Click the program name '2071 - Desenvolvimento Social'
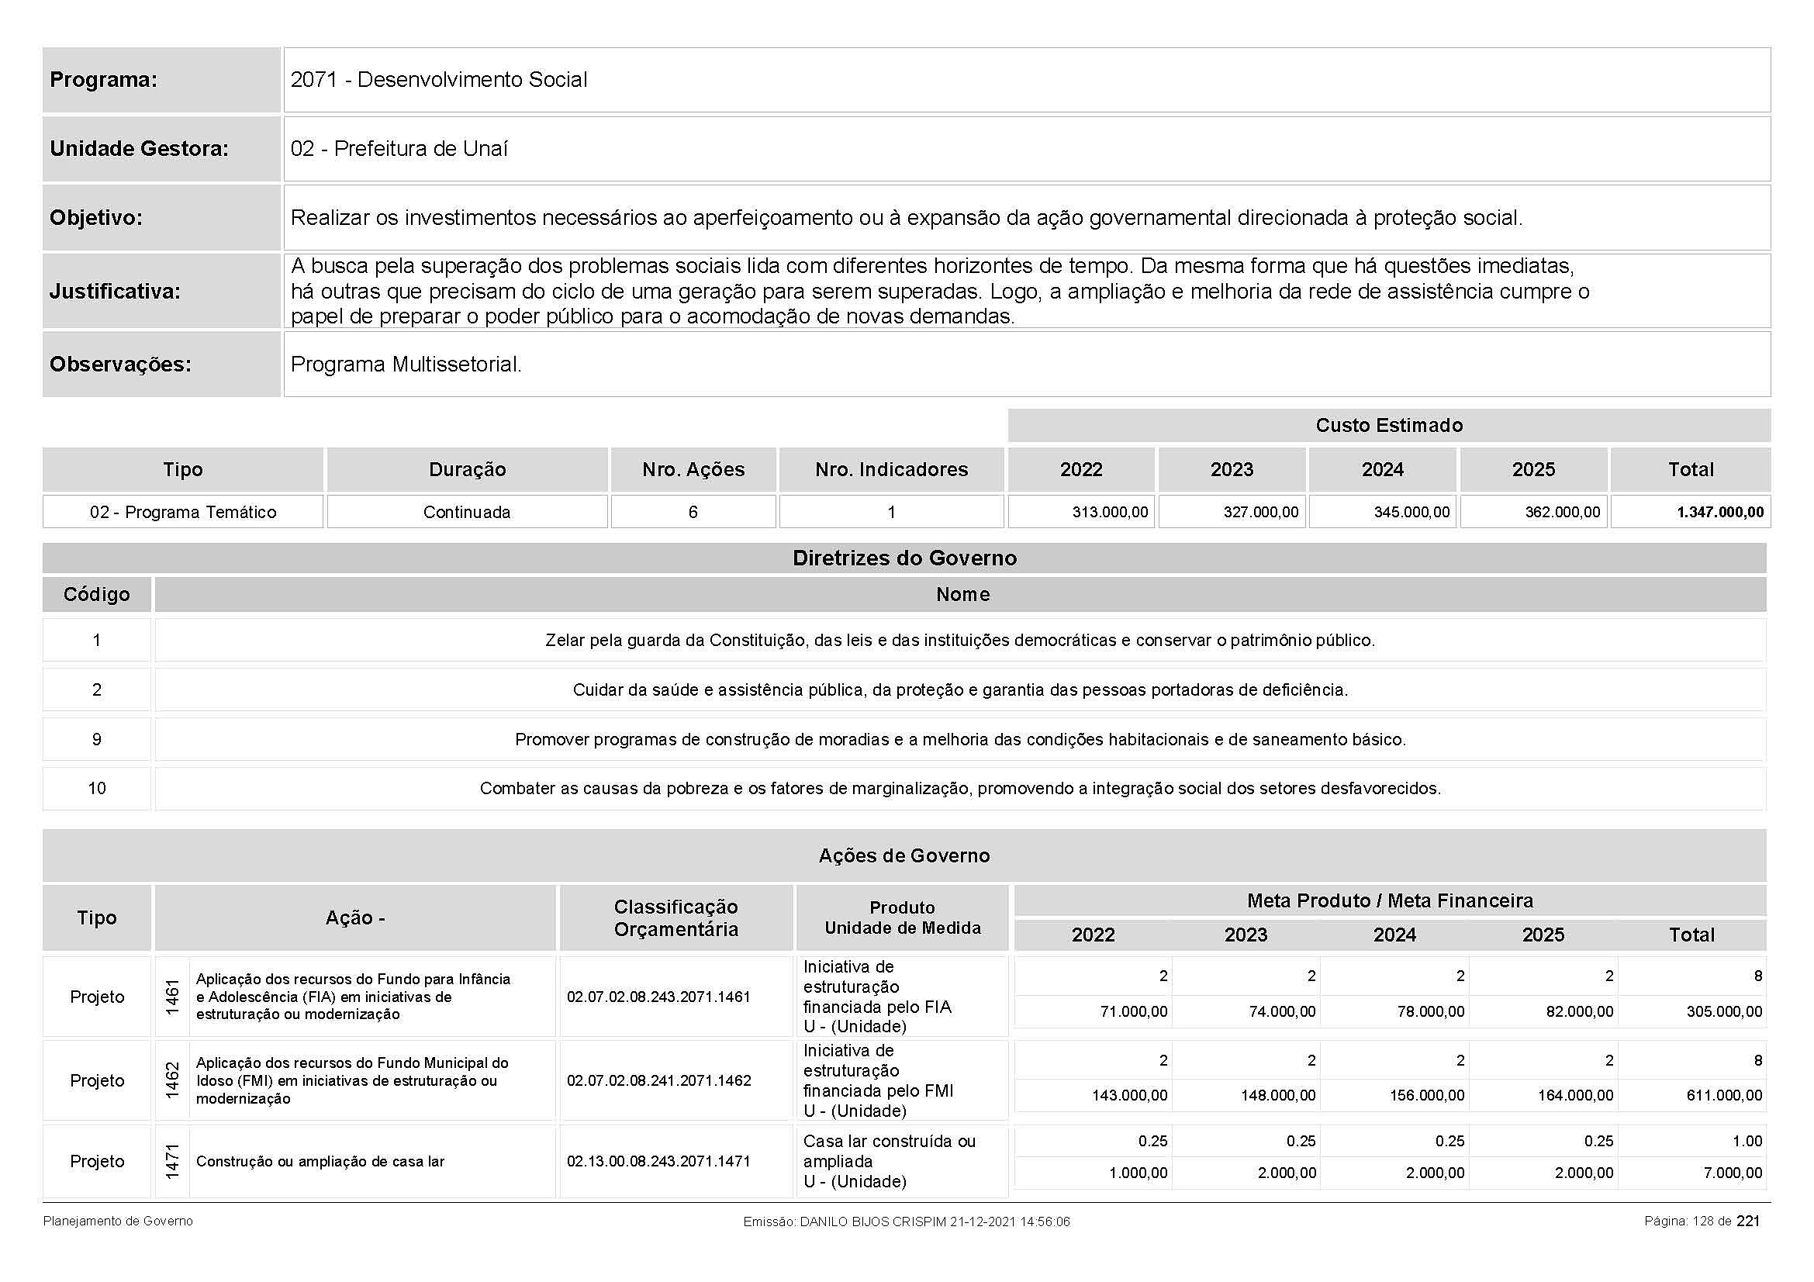coord(438,80)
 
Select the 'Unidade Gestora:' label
coord(139,148)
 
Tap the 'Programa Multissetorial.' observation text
coord(406,365)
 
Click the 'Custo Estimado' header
coord(1388,426)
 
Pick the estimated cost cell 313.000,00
coord(1109,512)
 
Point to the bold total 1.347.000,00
coord(1720,512)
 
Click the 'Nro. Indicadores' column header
coord(891,469)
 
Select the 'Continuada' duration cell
coord(467,512)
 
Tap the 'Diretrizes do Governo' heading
coord(904,558)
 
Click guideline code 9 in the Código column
coord(96,739)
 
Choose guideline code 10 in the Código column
coord(96,788)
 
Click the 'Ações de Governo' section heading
coord(904,855)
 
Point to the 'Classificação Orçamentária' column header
coord(675,917)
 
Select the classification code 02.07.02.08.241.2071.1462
coord(658,1080)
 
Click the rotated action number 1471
coord(172,1161)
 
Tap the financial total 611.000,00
coord(1724,1096)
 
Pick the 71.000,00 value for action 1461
coord(1133,1012)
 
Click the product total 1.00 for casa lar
coord(1747,1141)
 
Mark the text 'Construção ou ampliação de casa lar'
coord(320,1161)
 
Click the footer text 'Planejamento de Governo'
coord(118,1222)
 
